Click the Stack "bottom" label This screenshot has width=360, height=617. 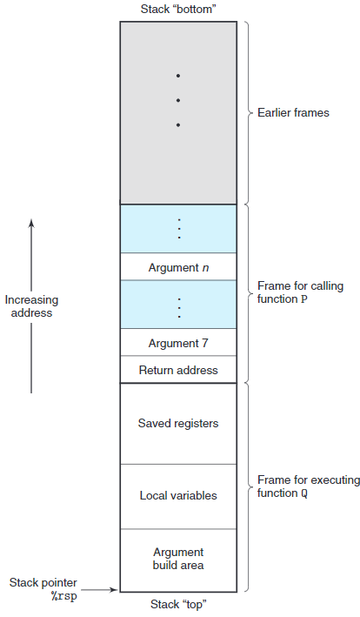[178, 10]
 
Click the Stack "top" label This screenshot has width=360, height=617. [178, 603]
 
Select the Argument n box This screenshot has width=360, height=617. [178, 267]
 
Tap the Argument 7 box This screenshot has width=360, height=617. [178, 343]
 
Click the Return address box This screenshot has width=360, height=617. [178, 370]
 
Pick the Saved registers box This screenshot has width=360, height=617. [178, 424]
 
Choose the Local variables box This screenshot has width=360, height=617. [178, 496]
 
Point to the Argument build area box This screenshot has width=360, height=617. [178, 559]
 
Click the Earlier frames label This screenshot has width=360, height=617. [293, 113]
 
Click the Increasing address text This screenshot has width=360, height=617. [31, 306]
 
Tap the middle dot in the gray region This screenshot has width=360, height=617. [178, 100]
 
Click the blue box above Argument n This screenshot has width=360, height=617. [178, 228]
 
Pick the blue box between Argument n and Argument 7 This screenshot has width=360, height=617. [178, 305]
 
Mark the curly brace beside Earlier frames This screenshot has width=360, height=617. [248, 113]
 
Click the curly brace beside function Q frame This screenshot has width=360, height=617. [248, 486]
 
